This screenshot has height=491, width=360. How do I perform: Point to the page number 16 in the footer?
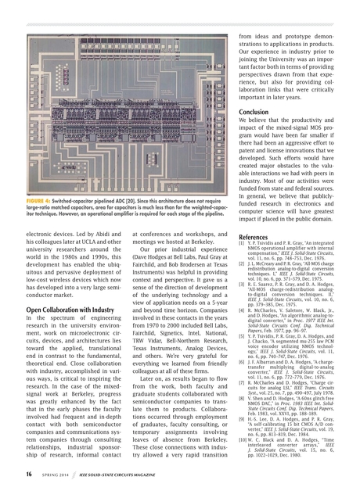(27, 475)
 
